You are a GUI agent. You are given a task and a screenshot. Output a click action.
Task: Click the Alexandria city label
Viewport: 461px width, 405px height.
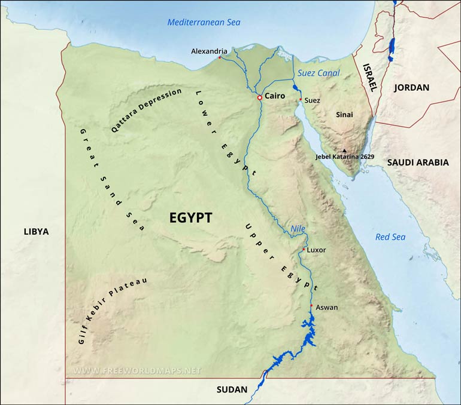[x=209, y=51]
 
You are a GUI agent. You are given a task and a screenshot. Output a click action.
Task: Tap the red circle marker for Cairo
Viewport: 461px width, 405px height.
[x=259, y=97]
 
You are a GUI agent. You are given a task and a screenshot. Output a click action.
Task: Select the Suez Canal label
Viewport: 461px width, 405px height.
[x=319, y=73]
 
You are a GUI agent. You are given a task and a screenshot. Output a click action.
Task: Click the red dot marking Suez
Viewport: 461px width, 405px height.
[x=300, y=99]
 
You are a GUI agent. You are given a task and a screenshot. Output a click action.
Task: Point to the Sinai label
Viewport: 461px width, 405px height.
[x=344, y=114]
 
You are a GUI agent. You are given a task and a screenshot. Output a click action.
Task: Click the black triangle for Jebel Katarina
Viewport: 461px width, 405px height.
[x=344, y=151]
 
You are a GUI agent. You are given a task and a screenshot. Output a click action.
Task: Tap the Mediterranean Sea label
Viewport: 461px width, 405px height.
[x=204, y=22]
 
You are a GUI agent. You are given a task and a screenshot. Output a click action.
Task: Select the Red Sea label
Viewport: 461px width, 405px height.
[x=390, y=237]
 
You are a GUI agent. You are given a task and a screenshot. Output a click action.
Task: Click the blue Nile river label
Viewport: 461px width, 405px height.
[x=298, y=228]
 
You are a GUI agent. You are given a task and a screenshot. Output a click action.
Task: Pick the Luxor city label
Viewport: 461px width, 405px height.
[x=316, y=250]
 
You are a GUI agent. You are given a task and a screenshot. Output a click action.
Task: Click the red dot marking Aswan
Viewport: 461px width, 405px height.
[x=311, y=305]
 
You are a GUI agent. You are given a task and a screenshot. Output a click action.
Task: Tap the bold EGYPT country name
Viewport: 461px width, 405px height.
[x=190, y=219]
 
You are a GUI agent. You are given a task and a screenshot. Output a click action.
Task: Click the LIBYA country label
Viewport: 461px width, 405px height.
[x=36, y=231]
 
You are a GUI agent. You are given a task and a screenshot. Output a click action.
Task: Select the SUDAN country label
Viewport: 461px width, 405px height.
[x=231, y=389]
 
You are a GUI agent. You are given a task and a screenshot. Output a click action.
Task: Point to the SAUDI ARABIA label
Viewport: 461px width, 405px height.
[x=417, y=162]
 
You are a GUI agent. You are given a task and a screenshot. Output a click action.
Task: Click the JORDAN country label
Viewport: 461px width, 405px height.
[x=411, y=87]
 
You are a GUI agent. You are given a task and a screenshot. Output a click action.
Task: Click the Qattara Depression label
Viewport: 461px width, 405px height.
[x=146, y=111]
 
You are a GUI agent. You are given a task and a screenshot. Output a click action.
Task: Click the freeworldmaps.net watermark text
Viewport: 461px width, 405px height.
[x=137, y=370]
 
